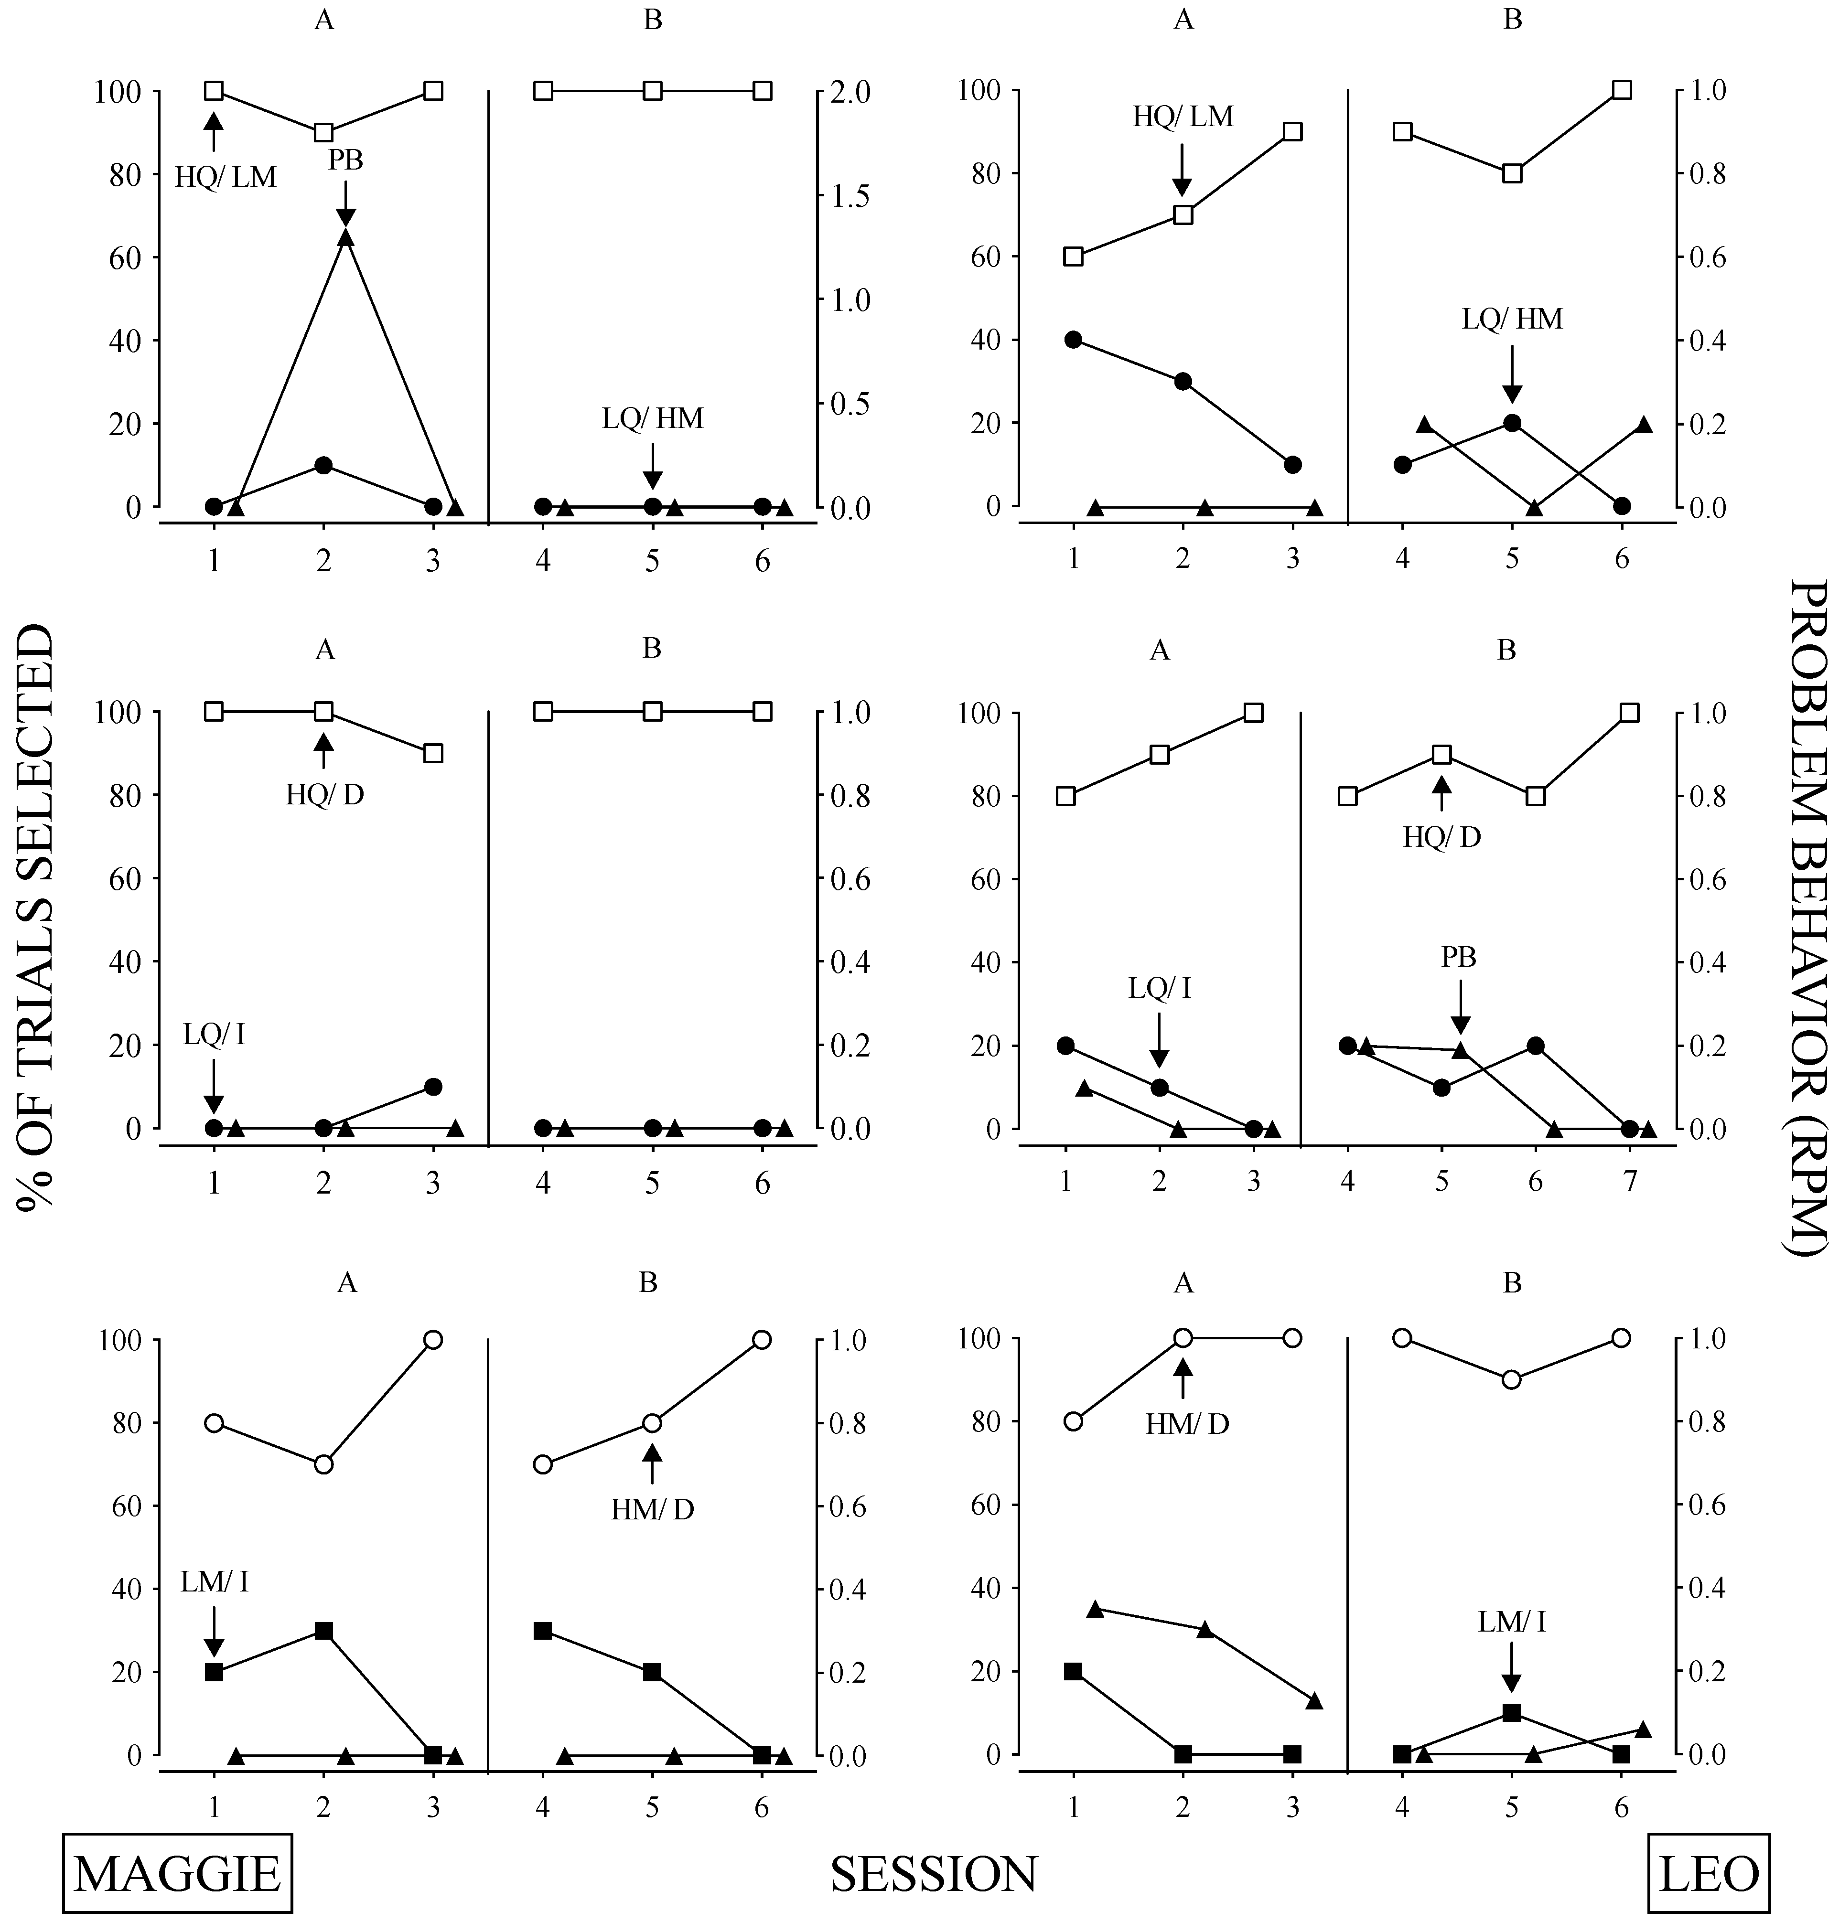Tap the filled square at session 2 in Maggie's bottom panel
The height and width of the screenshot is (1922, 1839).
click(x=323, y=1631)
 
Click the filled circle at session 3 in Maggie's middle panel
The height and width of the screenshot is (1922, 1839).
click(x=433, y=1086)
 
